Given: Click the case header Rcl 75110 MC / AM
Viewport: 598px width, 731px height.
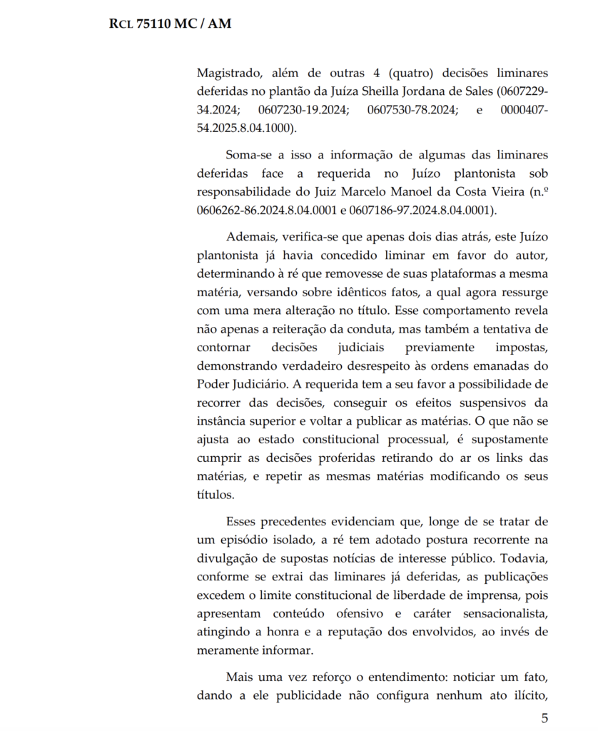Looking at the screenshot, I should coord(170,24).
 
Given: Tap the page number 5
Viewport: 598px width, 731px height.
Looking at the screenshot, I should coord(544,717).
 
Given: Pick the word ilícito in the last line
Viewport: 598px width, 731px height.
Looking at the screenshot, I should coord(527,695).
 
